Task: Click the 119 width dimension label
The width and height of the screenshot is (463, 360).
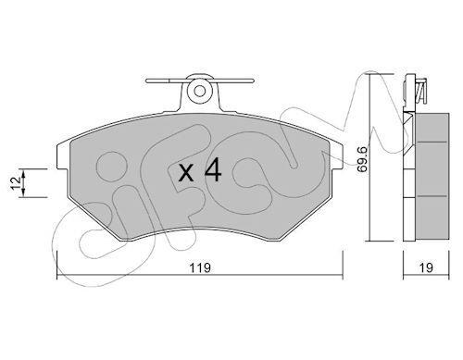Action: tap(200, 267)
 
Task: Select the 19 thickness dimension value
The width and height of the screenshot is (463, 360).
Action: tap(426, 267)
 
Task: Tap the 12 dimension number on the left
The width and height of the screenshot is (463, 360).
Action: tap(16, 183)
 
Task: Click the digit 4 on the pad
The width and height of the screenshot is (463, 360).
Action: tap(213, 169)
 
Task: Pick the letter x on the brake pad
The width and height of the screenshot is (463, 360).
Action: tap(186, 173)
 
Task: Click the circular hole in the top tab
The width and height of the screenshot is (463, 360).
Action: tap(200, 91)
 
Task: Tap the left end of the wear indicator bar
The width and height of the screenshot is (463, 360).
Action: tap(147, 81)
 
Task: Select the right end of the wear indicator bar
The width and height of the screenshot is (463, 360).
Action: tap(253, 81)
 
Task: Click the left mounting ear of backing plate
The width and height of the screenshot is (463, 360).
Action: tap(64, 156)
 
